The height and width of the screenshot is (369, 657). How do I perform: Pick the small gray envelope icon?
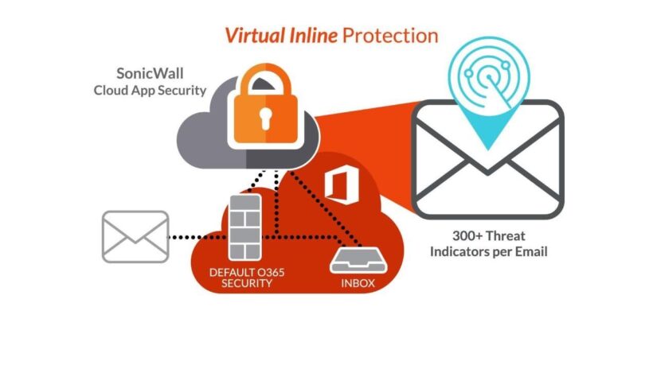coord(135,236)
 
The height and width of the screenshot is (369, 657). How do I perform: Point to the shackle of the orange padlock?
coord(263,84)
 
